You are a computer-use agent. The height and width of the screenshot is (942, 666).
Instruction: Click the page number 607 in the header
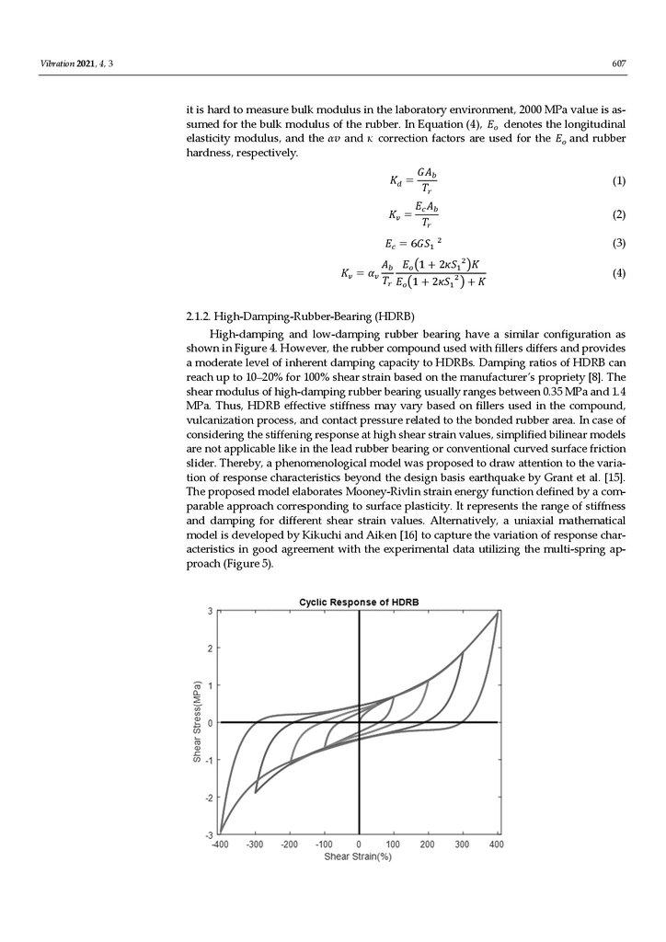618,63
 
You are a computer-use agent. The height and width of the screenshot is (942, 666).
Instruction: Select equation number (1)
618,181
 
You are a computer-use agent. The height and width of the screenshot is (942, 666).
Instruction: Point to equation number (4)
618,273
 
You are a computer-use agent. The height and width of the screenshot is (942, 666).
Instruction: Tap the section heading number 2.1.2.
200,316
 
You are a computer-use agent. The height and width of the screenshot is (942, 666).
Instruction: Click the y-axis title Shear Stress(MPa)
197,721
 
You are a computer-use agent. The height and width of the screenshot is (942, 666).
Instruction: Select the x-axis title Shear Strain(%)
358,856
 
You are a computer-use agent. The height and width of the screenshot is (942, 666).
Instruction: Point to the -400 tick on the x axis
221,844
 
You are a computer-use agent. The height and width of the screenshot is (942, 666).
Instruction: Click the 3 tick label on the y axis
210,611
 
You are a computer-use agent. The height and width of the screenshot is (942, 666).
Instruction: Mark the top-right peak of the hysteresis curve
498,612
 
